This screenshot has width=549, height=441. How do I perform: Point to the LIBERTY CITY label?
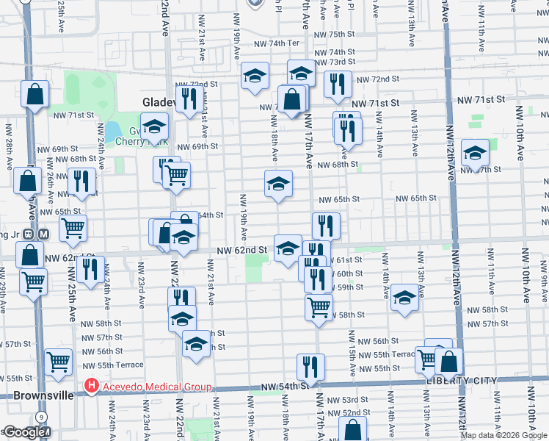coord(460,381)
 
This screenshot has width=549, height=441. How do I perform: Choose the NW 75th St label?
coord(335,35)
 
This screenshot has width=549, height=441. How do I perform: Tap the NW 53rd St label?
coord(348,400)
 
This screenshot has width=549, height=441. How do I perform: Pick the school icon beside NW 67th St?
coord(475,154)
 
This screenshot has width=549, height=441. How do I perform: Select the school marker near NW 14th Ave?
coord(404,298)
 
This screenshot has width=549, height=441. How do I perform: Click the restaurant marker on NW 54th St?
coord(310,367)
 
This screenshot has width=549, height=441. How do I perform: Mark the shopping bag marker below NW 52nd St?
coord(353,429)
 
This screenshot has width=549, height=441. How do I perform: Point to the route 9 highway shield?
coord(43,417)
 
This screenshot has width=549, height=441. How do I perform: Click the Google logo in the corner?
coord(23,432)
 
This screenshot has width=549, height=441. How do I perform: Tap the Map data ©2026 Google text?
coord(503,435)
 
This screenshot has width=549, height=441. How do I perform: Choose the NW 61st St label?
coord(346,261)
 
